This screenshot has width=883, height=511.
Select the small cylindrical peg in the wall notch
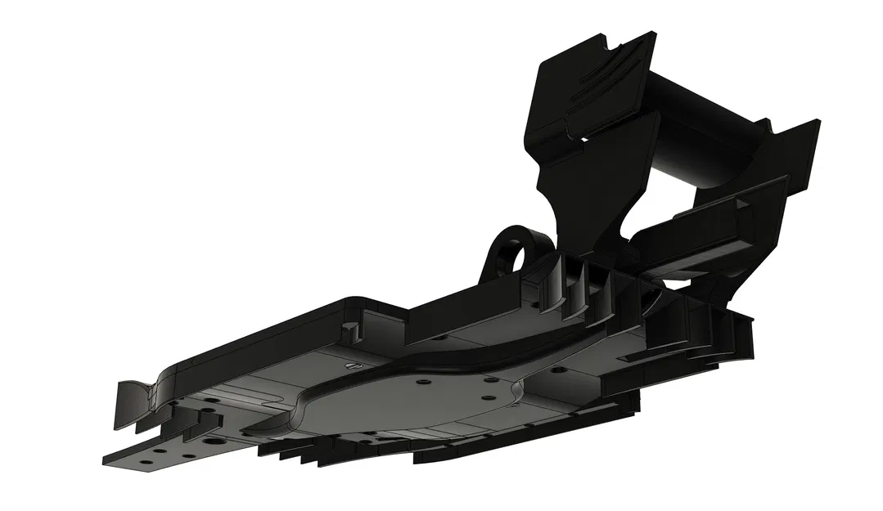[x=349, y=331]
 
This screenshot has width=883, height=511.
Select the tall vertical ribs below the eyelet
[x=585, y=282]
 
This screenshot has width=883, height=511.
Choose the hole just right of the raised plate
[x=558, y=370]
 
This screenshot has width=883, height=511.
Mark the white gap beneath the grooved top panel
[x=586, y=139]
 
